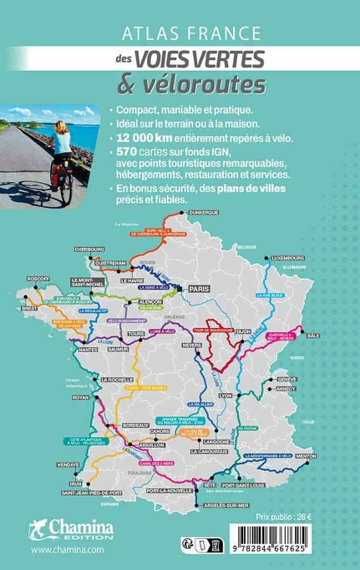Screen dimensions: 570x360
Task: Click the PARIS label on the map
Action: [197, 288]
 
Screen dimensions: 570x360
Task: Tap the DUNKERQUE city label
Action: [204, 212]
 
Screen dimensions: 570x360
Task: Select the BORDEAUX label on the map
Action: [135, 424]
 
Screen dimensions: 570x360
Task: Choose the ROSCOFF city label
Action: [38, 279]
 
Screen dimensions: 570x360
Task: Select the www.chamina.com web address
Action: [67, 550]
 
